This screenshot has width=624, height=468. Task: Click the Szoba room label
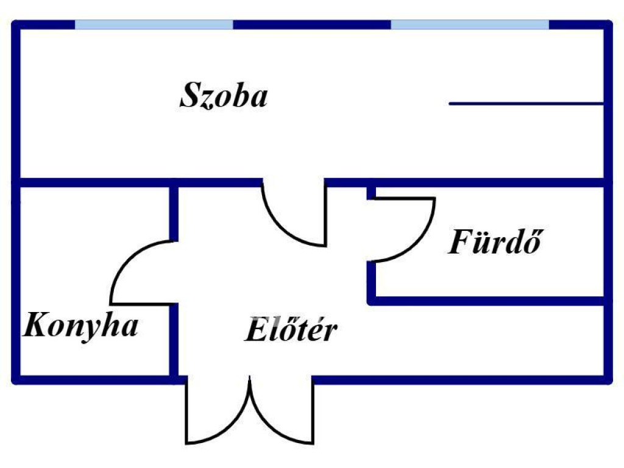pyautogui.click(x=224, y=96)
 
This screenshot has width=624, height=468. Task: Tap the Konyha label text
pyautogui.click(x=80, y=325)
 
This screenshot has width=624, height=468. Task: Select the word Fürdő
pyautogui.click(x=495, y=242)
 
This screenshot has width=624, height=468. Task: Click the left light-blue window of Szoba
pyautogui.click(x=154, y=24)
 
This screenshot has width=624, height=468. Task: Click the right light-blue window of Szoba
pyautogui.click(x=469, y=24)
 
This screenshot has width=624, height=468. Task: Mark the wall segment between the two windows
pyautogui.click(x=311, y=24)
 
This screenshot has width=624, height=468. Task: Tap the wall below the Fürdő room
pyautogui.click(x=487, y=300)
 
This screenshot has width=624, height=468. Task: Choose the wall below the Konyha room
pyautogui.click(x=91, y=380)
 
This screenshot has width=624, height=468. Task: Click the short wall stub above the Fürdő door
pyautogui.click(x=371, y=191)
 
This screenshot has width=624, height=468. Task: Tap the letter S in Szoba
pyautogui.click(x=190, y=96)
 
